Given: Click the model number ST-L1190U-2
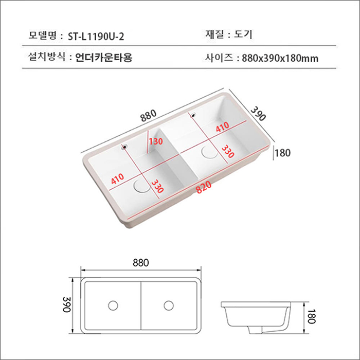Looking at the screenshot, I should (96, 37).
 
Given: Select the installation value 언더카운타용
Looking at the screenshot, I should (103, 58).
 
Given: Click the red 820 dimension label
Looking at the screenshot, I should (204, 192).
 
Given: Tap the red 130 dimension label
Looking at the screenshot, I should (156, 141).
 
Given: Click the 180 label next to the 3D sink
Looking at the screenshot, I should (283, 153).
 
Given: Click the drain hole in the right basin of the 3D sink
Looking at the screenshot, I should (210, 152).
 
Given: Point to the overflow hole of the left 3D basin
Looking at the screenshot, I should (123, 147).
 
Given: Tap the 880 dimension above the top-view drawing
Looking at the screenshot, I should (140, 263).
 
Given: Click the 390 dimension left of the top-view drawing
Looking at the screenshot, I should (66, 304).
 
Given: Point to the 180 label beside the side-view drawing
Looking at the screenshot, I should (310, 315).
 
